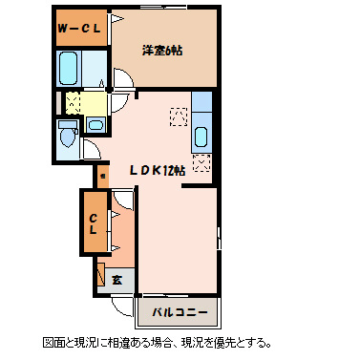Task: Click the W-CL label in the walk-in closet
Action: coord(79,28)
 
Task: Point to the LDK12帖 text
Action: coord(158,170)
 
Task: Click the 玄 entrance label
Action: coord(116,281)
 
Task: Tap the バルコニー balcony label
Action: coord(178,311)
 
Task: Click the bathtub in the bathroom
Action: coord(69,69)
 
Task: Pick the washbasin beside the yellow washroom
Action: coord(95,124)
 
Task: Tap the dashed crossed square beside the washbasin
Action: coord(71,102)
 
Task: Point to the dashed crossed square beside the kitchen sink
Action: coord(178,116)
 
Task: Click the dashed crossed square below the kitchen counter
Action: coord(201,161)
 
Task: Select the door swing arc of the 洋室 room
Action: coord(122,81)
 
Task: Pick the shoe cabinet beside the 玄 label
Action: coord(101,275)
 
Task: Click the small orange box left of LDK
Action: coord(100,176)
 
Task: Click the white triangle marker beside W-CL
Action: coord(114,18)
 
